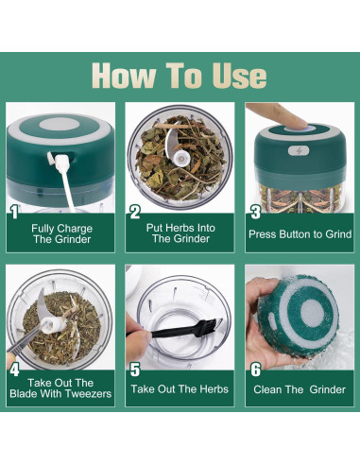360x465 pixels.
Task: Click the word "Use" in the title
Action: click(x=239, y=76)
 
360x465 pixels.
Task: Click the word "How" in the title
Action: click(x=124, y=76)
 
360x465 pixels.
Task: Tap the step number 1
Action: click(x=14, y=212)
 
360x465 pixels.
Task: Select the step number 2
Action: click(x=135, y=212)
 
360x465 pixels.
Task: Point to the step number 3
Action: click(x=256, y=212)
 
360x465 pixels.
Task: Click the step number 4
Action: click(x=14, y=370)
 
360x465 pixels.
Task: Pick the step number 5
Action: click(x=135, y=370)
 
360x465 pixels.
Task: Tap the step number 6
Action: click(x=256, y=370)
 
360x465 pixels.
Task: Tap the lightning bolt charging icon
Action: click(x=299, y=151)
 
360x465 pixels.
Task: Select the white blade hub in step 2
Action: click(x=182, y=157)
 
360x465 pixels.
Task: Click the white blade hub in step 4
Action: click(x=52, y=324)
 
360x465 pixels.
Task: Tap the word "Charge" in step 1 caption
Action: click(x=75, y=229)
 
